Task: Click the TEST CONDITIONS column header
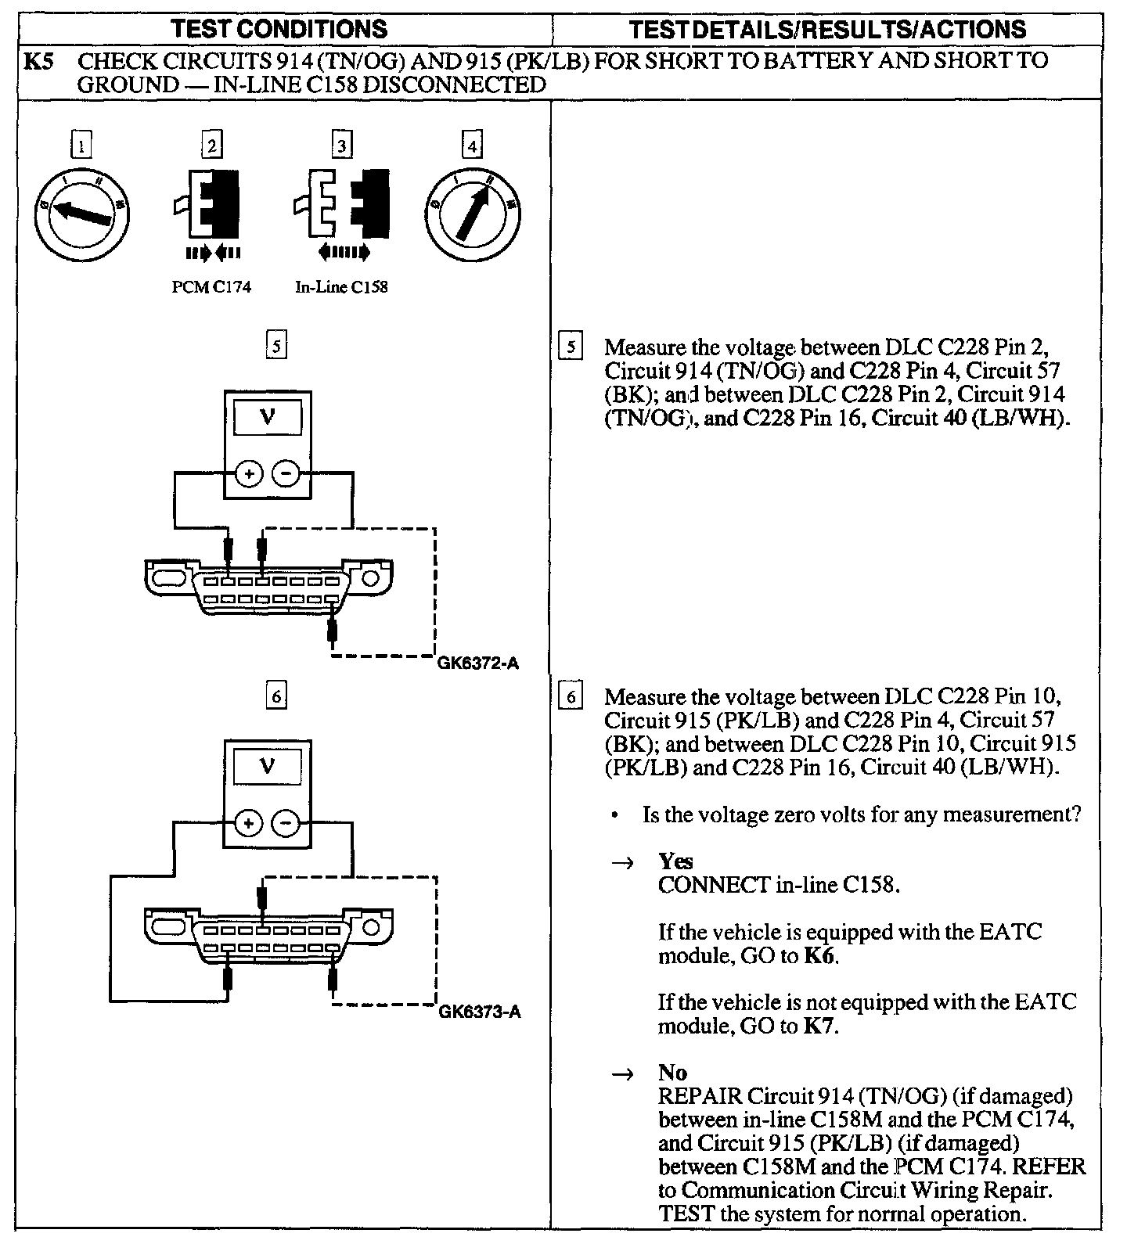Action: [279, 29]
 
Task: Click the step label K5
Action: [38, 61]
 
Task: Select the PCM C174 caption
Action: [211, 287]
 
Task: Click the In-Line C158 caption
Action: [341, 287]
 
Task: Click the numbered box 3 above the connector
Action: [342, 145]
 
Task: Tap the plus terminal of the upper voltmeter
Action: [249, 473]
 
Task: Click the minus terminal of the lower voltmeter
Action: [286, 823]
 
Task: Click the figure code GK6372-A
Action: [478, 665]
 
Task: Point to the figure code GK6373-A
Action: [479, 1012]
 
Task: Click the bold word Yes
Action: [675, 861]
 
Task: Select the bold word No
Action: [672, 1073]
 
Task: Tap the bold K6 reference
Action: [820, 956]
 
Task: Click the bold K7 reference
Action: [820, 1026]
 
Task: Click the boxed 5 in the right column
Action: [571, 347]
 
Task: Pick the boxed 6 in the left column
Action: [275, 696]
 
